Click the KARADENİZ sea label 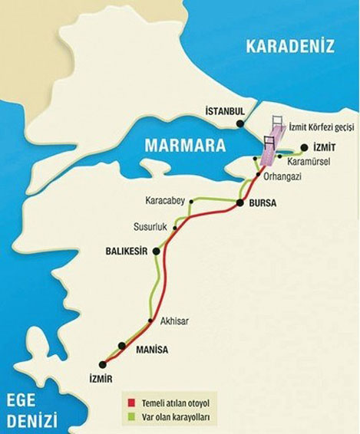[x=290, y=47]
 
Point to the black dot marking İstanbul [x=241, y=123]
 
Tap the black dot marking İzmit [x=305, y=147]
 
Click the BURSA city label [x=263, y=204]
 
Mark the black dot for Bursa [x=241, y=203]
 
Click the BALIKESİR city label [x=126, y=251]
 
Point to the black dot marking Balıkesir [x=157, y=251]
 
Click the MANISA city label [x=151, y=350]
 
